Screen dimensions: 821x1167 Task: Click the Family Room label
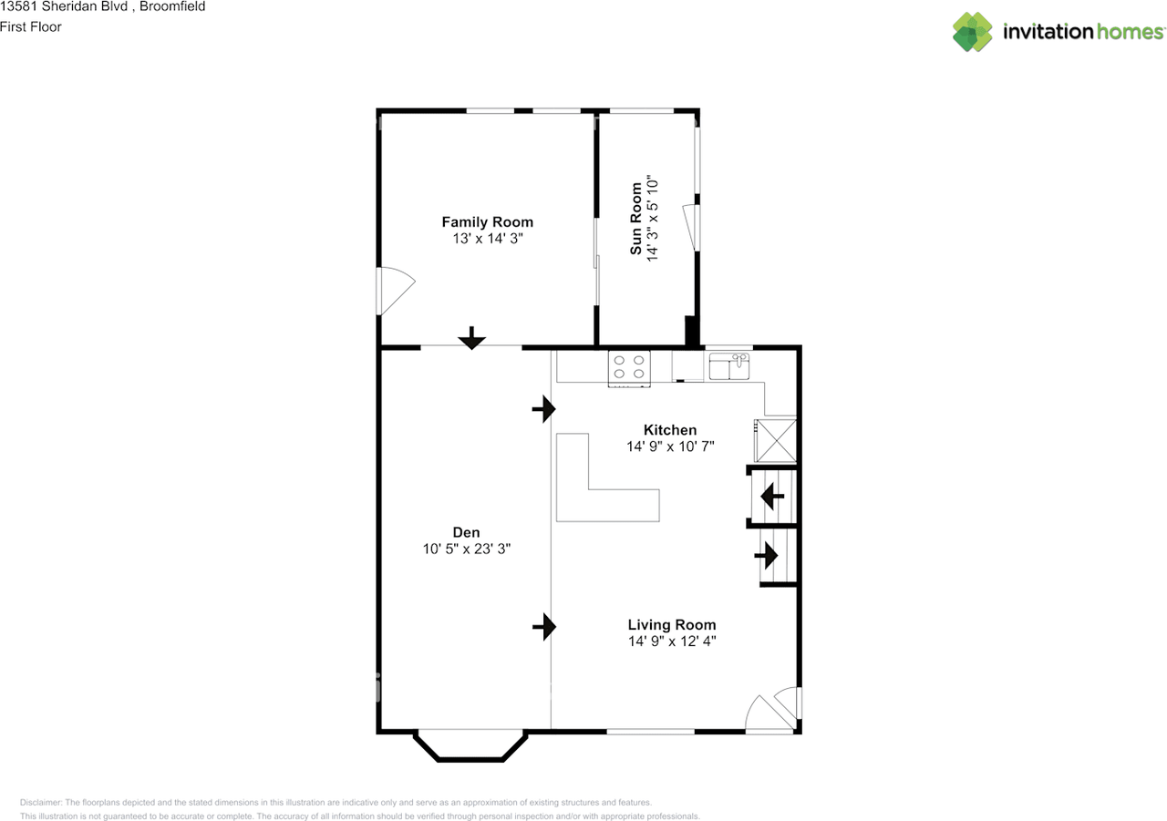[x=487, y=222]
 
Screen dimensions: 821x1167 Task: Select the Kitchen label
[x=670, y=430]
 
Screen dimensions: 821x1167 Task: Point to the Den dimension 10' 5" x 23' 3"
[x=466, y=549]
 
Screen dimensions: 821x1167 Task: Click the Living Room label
[x=672, y=625]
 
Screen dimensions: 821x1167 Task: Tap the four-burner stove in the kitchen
[x=629, y=367]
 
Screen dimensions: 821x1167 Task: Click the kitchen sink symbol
[x=729, y=367]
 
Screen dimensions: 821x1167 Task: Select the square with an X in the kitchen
[x=776, y=441]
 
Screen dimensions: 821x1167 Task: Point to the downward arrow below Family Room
[x=471, y=338]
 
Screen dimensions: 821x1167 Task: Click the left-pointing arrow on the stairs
[x=772, y=497]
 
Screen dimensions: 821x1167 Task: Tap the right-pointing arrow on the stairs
[x=767, y=554]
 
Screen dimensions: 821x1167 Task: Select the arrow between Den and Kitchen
[x=544, y=409]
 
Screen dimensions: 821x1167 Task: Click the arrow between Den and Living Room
[x=544, y=626]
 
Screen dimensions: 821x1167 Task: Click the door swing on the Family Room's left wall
[x=395, y=290]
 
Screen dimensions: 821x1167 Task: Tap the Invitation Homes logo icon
[x=973, y=32]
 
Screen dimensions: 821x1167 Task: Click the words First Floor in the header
[x=31, y=26]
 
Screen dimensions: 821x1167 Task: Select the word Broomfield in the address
[x=172, y=6]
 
